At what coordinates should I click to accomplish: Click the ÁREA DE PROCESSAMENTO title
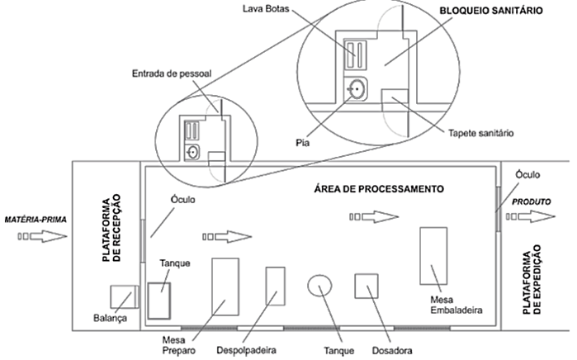380,188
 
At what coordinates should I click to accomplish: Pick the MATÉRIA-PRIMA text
34,220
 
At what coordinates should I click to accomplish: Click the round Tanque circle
319,286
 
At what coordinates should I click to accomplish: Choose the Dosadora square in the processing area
367,286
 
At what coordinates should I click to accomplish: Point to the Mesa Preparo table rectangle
225,286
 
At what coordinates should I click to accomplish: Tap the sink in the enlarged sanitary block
357,88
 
